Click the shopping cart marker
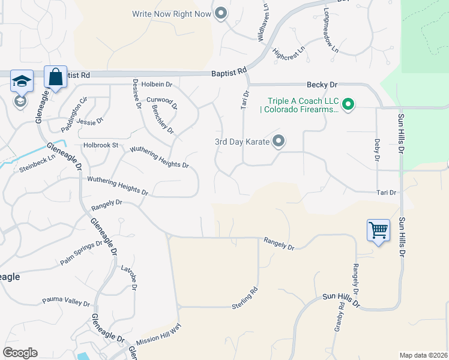tap(378, 229)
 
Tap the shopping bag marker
tap(55, 77)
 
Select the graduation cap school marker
tap(22, 81)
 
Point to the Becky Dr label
tap(322, 85)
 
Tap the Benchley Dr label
tap(163, 119)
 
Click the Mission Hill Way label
tap(158, 335)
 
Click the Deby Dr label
tap(377, 150)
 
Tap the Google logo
tap(20, 353)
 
